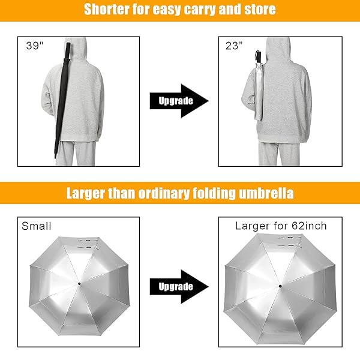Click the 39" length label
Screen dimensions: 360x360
coord(35,46)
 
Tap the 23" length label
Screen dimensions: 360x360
coord(234,46)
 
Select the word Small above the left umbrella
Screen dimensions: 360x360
coord(36,226)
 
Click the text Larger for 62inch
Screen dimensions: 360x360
coord(281,226)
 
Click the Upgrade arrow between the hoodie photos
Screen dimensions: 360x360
coord(179,101)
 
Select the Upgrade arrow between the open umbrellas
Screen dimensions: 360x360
coord(179,287)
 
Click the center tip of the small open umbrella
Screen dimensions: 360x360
coord(79,284)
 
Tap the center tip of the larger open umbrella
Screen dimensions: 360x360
coord(280,286)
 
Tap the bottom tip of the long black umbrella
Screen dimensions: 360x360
coord(55,157)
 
